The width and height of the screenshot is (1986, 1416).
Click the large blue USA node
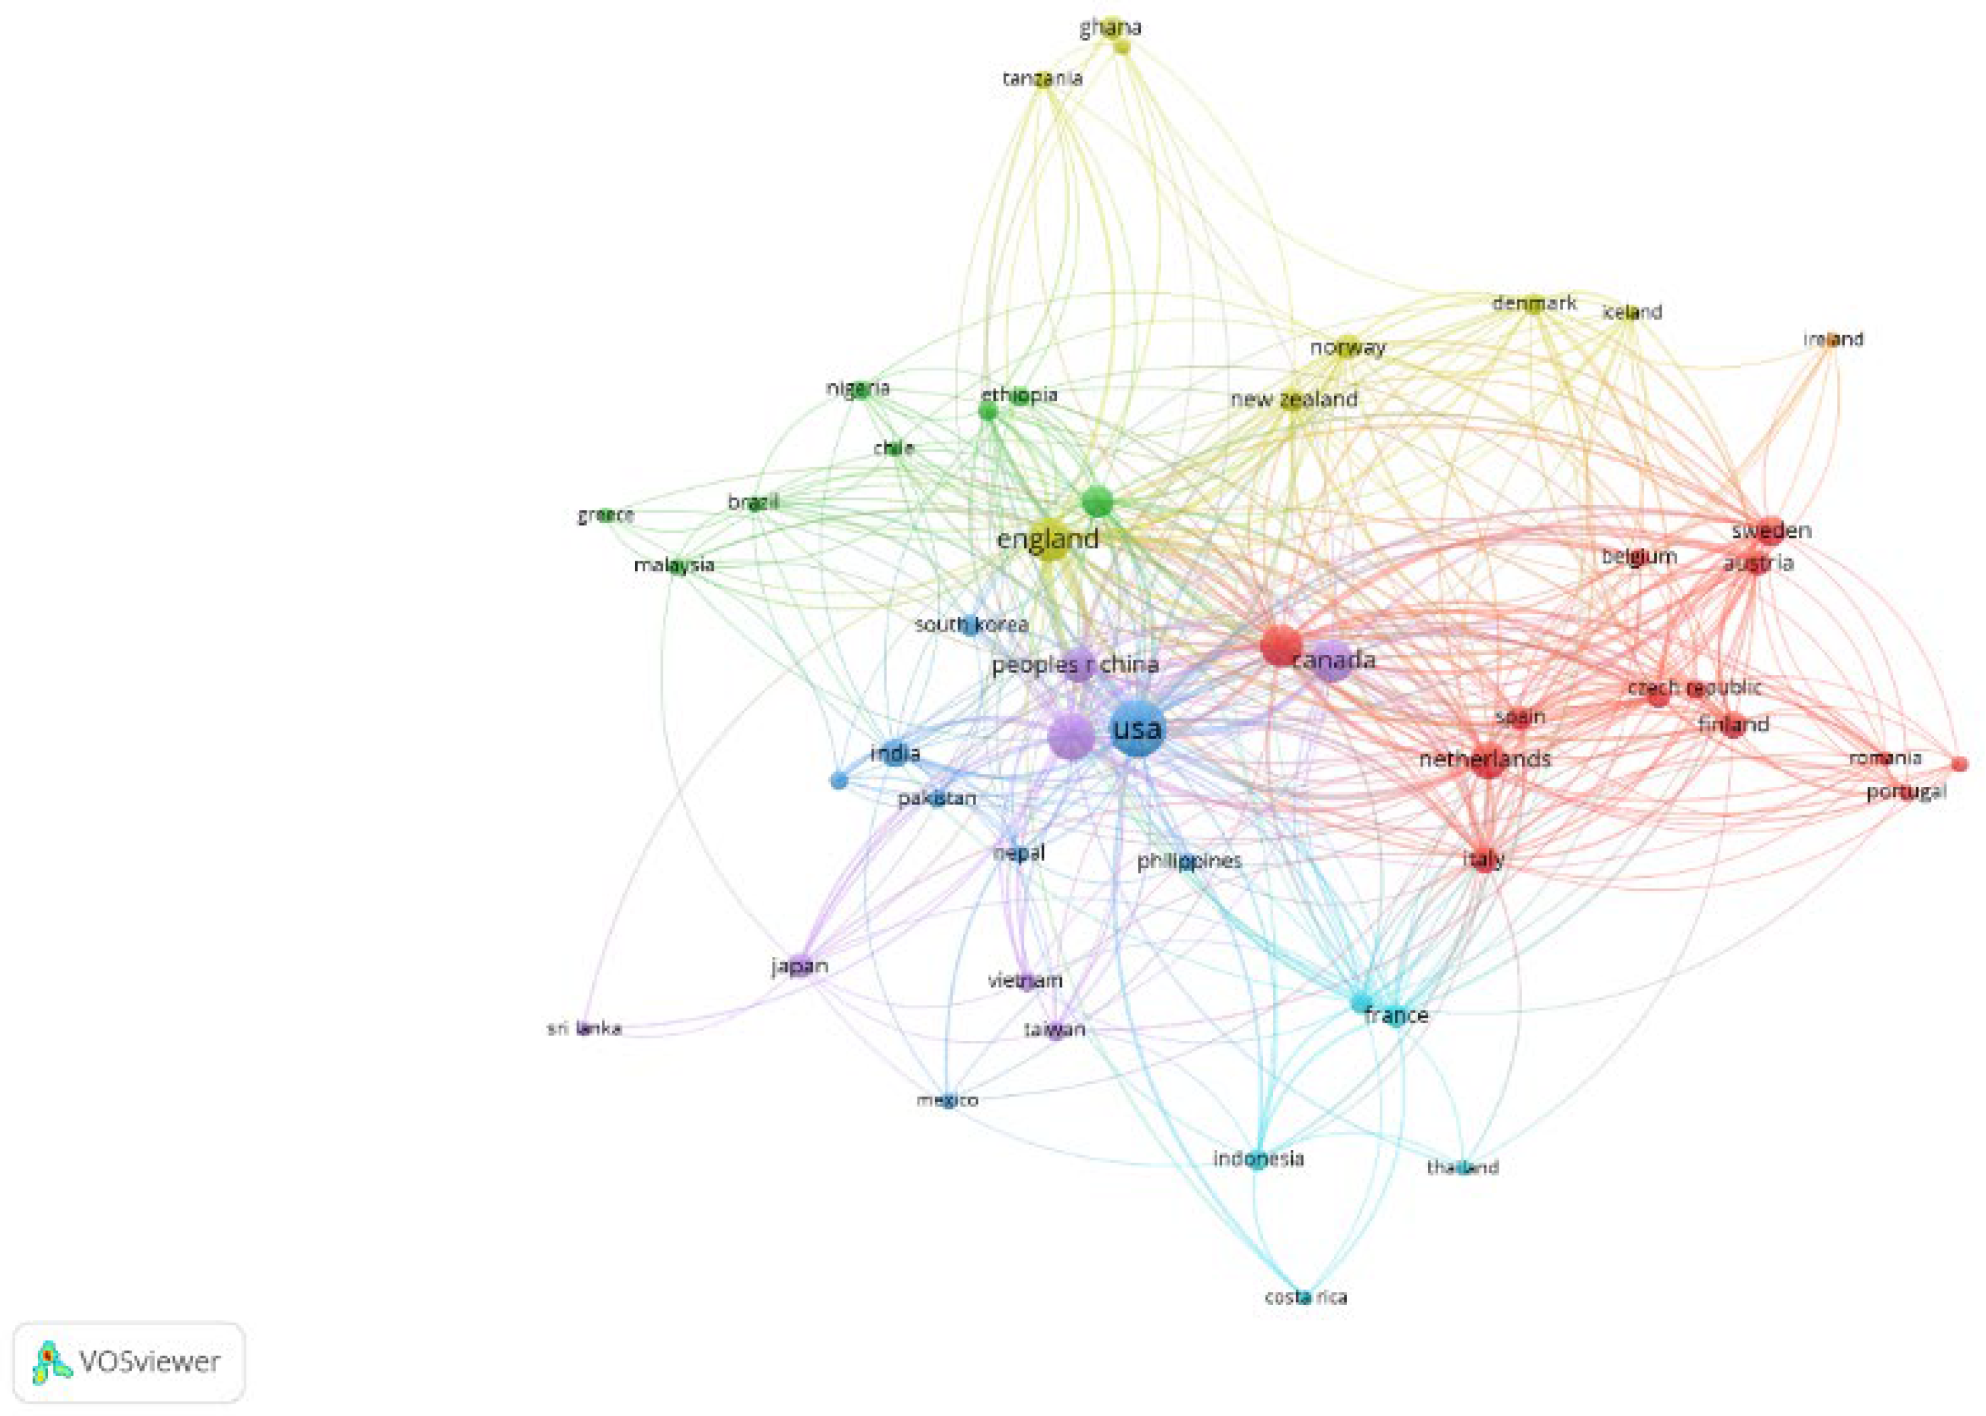[1137, 731]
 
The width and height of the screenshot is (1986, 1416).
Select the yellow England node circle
[1048, 540]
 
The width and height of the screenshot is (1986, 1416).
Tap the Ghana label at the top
[1110, 28]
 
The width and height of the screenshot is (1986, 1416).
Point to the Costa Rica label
[1305, 1297]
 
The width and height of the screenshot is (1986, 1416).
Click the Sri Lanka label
[584, 1029]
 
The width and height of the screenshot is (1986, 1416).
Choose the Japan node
[800, 966]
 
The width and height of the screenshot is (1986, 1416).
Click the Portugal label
[1906, 792]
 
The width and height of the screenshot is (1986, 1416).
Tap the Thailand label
[1463, 1167]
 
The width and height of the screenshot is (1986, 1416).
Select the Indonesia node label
[1258, 1158]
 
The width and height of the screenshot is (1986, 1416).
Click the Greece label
[605, 515]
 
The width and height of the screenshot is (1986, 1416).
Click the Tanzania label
[1043, 79]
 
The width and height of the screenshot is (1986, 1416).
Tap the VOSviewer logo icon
[51, 1362]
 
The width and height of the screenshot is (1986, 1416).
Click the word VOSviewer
[150, 1362]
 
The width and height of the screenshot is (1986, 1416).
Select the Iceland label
[1632, 312]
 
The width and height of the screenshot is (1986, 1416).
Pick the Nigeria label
[858, 388]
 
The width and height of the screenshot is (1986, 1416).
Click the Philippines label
[1188, 861]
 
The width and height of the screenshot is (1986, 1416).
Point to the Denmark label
[1534, 303]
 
